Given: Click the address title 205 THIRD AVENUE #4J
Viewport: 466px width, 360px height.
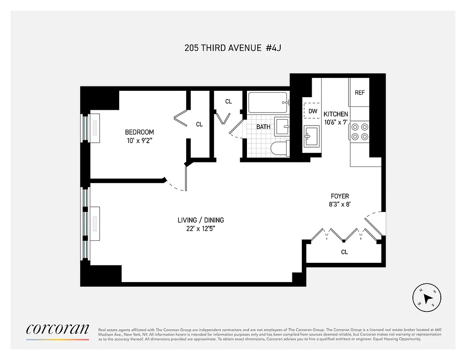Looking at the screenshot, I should click(x=233, y=48).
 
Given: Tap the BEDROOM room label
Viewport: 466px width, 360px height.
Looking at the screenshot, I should click(x=139, y=132).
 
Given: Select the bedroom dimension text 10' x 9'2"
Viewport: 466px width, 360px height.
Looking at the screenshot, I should click(x=139, y=140).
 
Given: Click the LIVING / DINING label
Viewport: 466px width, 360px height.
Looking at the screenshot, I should click(x=201, y=220).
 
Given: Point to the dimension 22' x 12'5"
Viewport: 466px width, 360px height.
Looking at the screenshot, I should click(x=201, y=229).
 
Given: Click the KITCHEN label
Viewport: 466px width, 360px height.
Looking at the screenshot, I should click(x=336, y=114).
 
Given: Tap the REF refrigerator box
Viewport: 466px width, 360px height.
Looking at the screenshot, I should click(x=359, y=93).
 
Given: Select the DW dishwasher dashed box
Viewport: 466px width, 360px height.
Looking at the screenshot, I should click(x=313, y=111).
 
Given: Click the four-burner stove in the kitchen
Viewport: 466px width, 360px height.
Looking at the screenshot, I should click(x=360, y=132).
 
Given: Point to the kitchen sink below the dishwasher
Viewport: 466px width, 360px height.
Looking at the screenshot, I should click(x=312, y=136).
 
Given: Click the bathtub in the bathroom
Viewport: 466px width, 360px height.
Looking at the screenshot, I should click(x=267, y=103).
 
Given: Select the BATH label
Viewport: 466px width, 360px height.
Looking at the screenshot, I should click(x=263, y=127).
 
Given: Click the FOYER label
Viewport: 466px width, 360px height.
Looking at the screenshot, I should click(x=340, y=196).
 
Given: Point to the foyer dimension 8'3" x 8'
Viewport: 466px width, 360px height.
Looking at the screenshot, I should click(x=340, y=204).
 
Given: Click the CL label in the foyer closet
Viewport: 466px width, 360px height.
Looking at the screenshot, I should click(x=344, y=252).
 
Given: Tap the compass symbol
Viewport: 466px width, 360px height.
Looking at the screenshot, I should click(x=427, y=298).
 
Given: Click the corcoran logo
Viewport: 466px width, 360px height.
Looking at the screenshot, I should click(x=57, y=329).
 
